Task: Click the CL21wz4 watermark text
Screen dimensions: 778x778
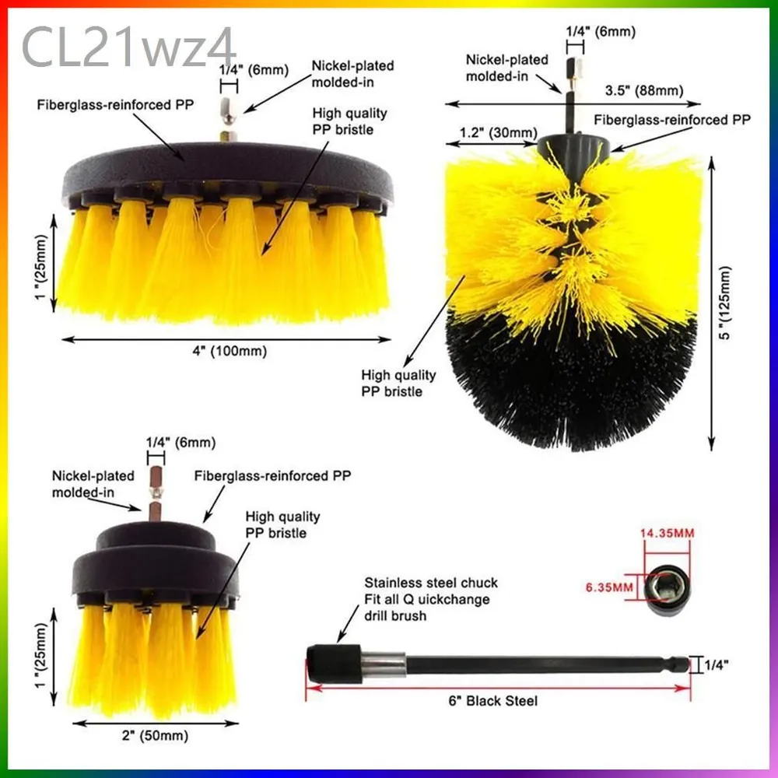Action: pyautogui.click(x=129, y=47)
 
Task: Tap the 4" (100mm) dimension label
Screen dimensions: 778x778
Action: pyautogui.click(x=230, y=352)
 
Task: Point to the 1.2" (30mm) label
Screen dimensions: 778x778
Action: pyautogui.click(x=498, y=133)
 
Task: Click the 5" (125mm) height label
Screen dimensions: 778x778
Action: pyautogui.click(x=725, y=303)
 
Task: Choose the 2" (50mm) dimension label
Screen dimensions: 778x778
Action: pyautogui.click(x=156, y=735)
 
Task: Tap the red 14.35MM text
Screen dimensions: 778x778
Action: pyautogui.click(x=667, y=534)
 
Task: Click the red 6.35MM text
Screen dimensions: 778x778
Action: pyautogui.click(x=609, y=587)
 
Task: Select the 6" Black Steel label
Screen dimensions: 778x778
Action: pyautogui.click(x=492, y=701)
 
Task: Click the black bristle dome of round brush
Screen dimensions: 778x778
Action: pyautogui.click(x=570, y=382)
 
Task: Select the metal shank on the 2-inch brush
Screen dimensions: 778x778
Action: pyautogui.click(x=156, y=494)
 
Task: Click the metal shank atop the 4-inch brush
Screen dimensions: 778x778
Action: pyautogui.click(x=229, y=119)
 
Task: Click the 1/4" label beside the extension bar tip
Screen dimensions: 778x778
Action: pyautogui.click(x=717, y=665)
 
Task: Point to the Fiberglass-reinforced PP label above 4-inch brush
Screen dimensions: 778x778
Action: pyautogui.click(x=116, y=105)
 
